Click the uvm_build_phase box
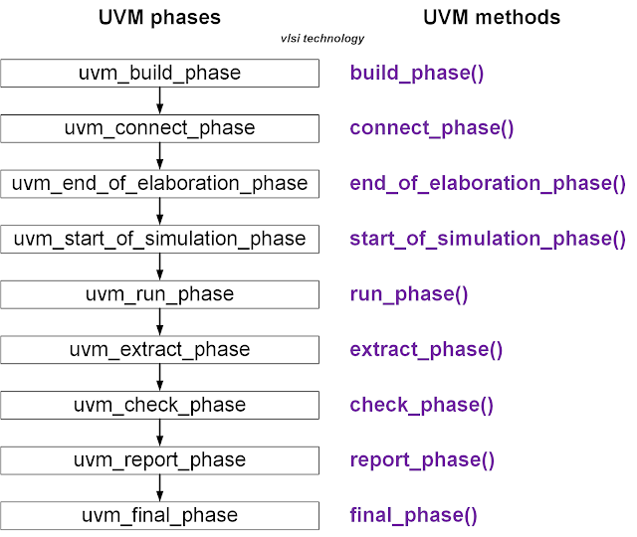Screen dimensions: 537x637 point(159,74)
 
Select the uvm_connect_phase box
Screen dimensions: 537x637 point(159,128)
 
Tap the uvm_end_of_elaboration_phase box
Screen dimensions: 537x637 point(159,184)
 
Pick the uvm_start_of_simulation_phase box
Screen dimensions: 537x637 point(159,239)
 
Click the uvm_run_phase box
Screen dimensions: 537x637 point(159,294)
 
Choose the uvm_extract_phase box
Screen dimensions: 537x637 point(159,350)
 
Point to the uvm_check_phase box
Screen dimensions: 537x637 point(159,405)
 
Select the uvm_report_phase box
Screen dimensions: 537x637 point(159,460)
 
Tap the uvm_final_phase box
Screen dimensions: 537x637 point(159,515)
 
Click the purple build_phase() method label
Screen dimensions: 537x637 point(417,74)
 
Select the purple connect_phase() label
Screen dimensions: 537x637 point(432,128)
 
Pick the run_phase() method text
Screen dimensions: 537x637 point(409,294)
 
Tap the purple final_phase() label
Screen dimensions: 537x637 point(413,515)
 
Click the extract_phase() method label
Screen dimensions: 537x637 point(426,350)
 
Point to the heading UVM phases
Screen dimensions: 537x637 point(159,17)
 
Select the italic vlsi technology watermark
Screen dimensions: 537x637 point(322,39)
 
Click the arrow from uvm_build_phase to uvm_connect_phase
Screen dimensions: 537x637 point(159,100)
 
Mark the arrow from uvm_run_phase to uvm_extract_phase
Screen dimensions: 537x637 point(159,322)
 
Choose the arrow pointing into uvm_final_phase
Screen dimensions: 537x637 point(159,488)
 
